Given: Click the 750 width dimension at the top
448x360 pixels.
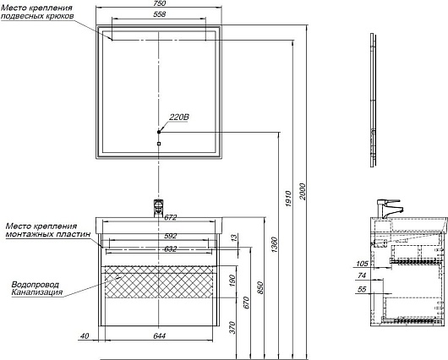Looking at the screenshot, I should [158, 6].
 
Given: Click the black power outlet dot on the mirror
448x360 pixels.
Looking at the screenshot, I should [159, 131].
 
